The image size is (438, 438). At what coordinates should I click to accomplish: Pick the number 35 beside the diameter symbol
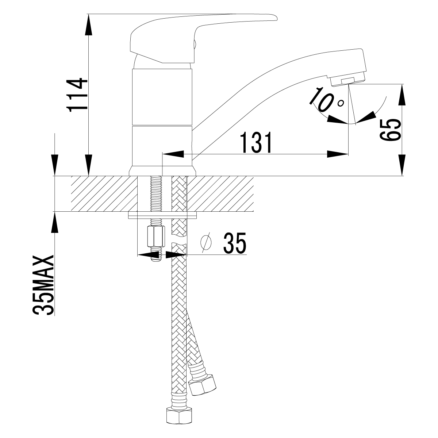(x=235, y=242)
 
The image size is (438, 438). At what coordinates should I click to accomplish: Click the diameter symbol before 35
(x=207, y=242)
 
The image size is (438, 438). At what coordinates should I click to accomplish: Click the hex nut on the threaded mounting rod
(x=154, y=236)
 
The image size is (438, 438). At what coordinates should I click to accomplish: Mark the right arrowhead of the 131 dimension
(x=337, y=154)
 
